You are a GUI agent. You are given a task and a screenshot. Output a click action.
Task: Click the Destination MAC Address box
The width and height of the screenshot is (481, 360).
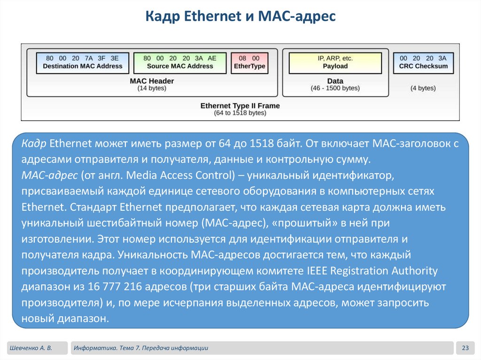tap(83, 62)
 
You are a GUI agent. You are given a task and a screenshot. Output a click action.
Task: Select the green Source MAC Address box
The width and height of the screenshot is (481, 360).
tap(180, 62)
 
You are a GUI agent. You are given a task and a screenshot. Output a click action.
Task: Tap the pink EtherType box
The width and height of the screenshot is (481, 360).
tap(249, 62)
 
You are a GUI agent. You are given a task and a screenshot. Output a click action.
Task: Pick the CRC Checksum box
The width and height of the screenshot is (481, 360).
tap(423, 62)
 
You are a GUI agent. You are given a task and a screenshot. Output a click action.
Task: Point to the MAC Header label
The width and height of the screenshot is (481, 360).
tap(152, 81)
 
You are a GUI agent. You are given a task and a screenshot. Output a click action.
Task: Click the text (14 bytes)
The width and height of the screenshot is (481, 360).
tap(152, 88)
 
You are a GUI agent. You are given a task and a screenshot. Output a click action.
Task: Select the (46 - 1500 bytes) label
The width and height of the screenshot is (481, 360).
tap(335, 88)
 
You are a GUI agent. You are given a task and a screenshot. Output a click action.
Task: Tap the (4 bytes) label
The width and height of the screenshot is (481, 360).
tap(423, 88)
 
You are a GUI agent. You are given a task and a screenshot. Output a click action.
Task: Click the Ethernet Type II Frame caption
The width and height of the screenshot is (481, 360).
tap(240, 106)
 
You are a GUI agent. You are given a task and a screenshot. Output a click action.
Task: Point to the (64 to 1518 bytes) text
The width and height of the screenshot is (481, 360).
tap(240, 113)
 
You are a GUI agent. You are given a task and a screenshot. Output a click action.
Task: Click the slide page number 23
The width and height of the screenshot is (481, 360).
tap(465, 348)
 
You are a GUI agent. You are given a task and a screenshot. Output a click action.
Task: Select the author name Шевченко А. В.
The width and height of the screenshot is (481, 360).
tap(30, 348)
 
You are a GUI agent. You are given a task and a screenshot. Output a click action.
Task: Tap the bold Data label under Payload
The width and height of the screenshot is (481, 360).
tap(335, 81)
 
